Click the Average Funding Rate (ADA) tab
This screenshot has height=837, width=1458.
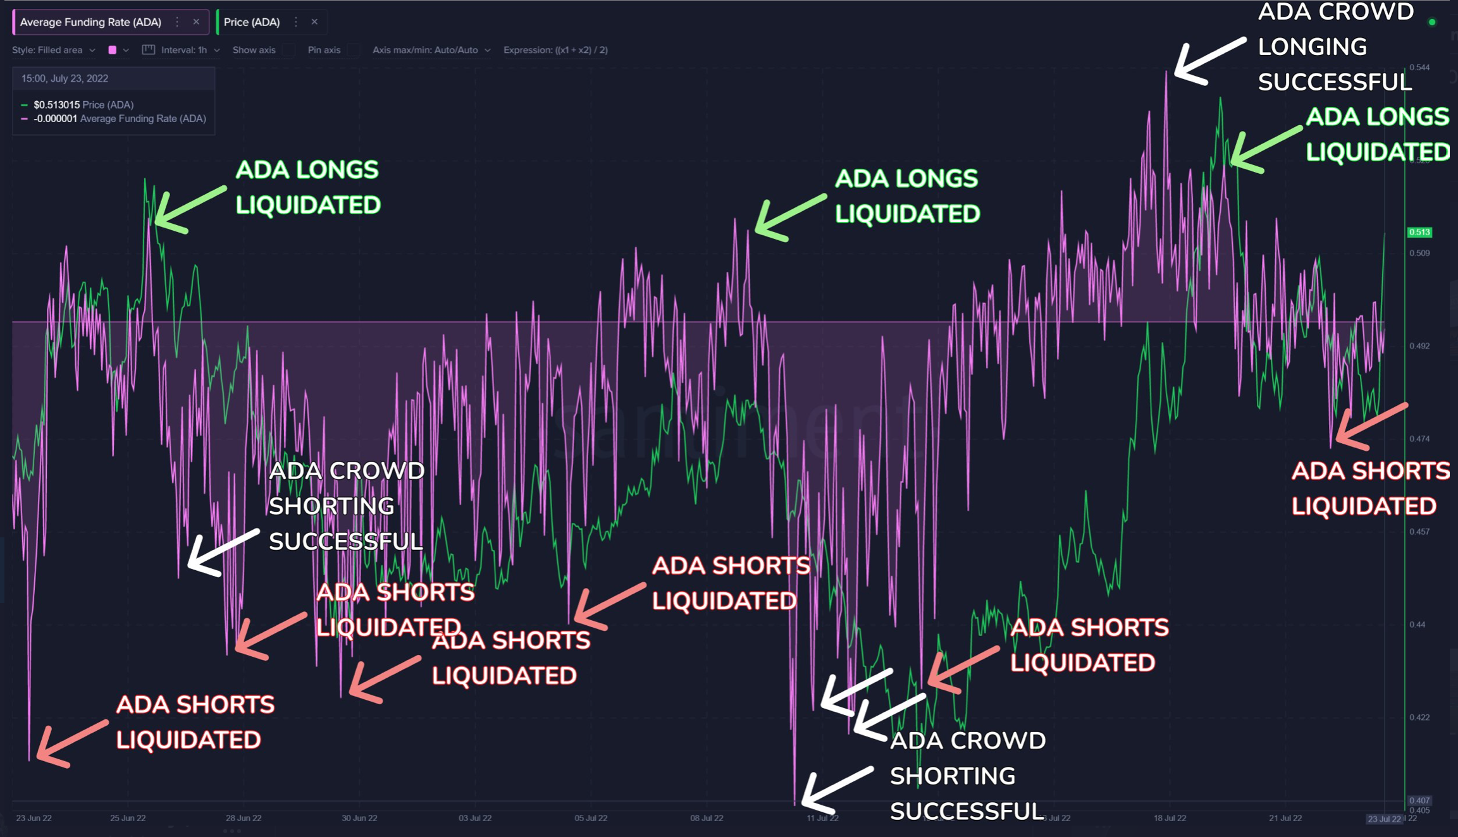90,22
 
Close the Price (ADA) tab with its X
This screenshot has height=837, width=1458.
314,22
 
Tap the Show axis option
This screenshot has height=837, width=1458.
254,50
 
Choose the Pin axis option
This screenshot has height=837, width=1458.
324,50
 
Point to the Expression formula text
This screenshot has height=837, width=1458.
555,50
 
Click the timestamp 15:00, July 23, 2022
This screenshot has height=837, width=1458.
65,78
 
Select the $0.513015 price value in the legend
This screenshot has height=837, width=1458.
56,105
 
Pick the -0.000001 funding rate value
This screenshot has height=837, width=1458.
55,119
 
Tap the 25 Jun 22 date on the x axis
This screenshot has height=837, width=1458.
128,818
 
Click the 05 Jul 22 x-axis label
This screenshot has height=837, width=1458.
591,818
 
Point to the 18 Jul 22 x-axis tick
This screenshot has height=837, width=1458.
1170,818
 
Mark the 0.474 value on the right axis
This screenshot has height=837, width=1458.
1419,439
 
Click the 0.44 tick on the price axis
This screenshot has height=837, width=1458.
1417,625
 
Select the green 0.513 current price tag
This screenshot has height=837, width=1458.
1419,232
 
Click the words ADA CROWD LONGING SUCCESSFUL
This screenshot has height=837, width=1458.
1335,47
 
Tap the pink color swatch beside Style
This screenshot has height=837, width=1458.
113,50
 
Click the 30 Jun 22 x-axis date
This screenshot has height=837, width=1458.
359,818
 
